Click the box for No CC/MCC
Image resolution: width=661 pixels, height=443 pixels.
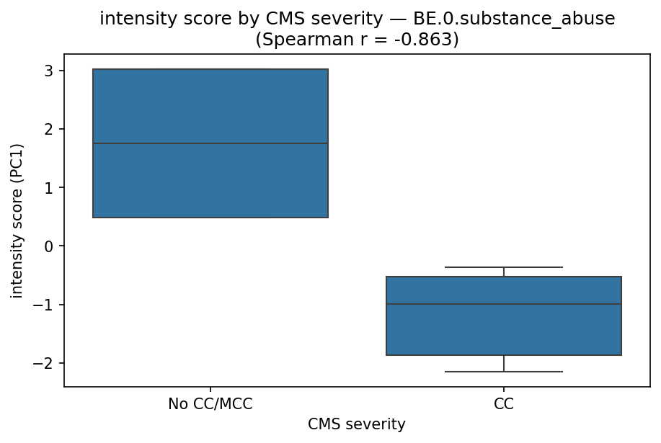pos(210,180)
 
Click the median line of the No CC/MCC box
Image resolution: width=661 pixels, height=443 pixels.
pos(210,143)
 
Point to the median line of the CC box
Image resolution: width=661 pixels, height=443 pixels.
pos(504,304)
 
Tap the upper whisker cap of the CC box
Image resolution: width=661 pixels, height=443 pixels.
pos(504,267)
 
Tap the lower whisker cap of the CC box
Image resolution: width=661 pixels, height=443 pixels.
pos(504,372)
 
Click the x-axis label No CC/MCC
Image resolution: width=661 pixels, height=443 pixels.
pos(210,404)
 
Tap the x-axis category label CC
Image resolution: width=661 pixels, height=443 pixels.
pos(504,404)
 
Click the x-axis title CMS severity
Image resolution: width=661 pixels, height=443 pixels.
pos(357,424)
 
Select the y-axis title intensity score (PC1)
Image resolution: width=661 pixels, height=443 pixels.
pos(17,220)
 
